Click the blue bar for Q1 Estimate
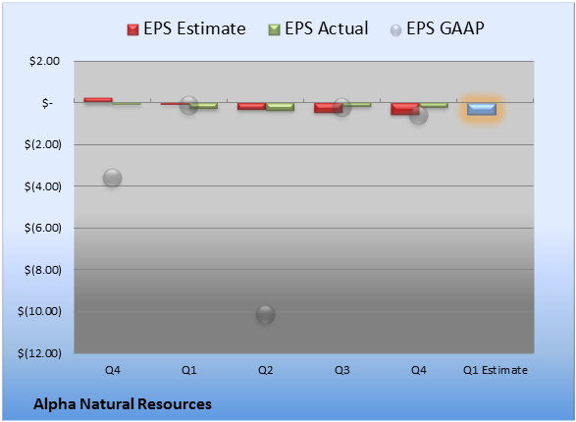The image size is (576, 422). [481, 109]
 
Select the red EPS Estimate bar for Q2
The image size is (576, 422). [251, 106]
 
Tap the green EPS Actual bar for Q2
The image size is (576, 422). [280, 107]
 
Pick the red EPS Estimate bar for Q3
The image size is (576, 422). [328, 108]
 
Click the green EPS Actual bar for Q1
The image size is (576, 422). [203, 106]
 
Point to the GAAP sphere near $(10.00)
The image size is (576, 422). [265, 314]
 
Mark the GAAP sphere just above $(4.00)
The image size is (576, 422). [113, 179]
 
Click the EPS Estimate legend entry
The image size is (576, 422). [186, 28]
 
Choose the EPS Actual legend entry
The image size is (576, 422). [318, 28]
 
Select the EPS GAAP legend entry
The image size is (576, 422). [437, 28]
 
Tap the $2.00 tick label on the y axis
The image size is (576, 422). [44, 61]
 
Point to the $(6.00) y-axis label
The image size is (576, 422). [43, 228]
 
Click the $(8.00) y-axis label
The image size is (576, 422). [43, 270]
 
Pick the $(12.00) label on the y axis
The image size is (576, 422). [39, 353]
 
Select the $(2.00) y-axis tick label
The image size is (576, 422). [43, 144]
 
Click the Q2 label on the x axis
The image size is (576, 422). [266, 370]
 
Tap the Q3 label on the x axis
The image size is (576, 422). [342, 370]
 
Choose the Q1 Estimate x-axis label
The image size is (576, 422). [496, 370]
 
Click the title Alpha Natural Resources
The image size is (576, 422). [123, 404]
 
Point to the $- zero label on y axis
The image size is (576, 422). [47, 103]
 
